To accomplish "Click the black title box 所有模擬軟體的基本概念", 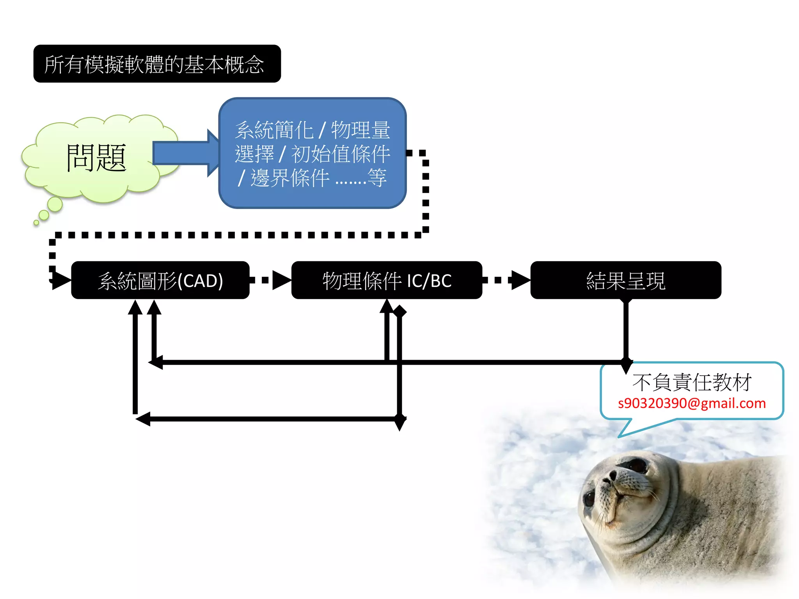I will [157, 64].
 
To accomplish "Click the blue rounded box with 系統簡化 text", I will [312, 153].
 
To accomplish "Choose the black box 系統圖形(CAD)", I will [160, 280].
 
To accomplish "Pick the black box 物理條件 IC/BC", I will [387, 280].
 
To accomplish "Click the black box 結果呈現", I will [625, 280].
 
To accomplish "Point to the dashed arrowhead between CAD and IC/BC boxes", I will [281, 280].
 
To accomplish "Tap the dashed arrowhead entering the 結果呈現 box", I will [520, 280].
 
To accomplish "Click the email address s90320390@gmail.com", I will [692, 403].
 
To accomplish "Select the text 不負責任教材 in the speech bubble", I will [692, 382].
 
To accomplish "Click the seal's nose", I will [613, 476].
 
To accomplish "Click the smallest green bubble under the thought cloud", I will [36, 223].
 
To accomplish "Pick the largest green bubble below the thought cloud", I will [55, 204].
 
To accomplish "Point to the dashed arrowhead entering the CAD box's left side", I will [60, 280].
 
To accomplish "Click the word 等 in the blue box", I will [377, 178].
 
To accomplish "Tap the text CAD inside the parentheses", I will [200, 281].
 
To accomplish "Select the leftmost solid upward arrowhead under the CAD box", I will [135, 307].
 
